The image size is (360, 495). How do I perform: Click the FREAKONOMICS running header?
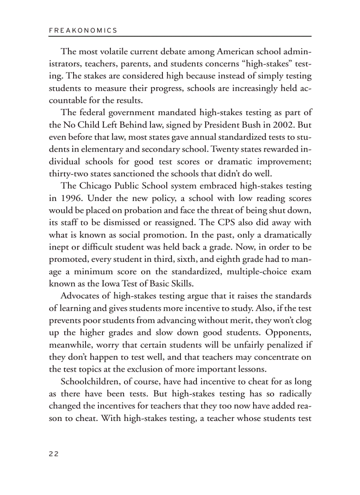tap(83, 30)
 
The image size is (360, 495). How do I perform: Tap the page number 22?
tap(53, 454)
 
